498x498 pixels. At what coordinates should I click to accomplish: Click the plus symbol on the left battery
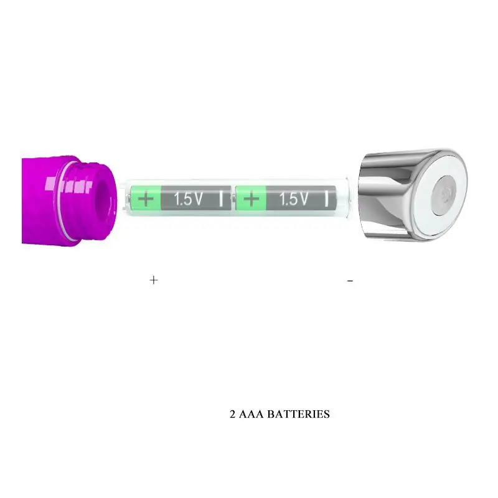click(x=147, y=199)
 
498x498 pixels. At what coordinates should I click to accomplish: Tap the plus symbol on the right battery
click(x=251, y=199)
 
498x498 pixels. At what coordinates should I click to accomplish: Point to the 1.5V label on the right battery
click(x=294, y=199)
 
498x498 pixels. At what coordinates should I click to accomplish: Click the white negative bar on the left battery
click(x=222, y=199)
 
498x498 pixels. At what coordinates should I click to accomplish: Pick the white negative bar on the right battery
click(x=327, y=199)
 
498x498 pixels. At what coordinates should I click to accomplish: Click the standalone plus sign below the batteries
click(x=154, y=280)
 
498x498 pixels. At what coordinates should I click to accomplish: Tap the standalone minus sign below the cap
click(x=350, y=281)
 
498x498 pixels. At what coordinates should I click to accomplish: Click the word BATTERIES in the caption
click(x=298, y=414)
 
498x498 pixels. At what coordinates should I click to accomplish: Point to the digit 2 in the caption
click(x=233, y=414)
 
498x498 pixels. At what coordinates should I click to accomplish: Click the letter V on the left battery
click(x=198, y=199)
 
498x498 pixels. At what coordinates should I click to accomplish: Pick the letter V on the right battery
click(x=303, y=199)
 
